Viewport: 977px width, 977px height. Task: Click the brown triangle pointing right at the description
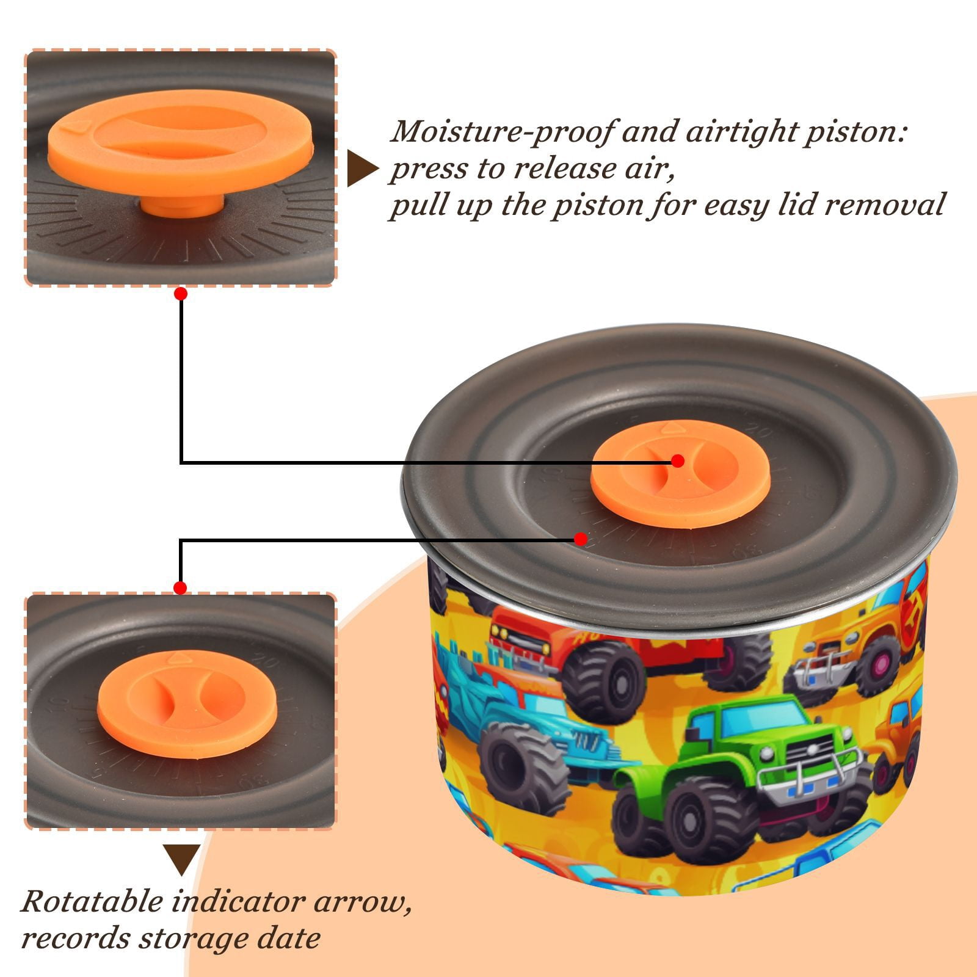click(x=361, y=169)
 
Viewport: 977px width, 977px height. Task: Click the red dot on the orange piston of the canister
click(x=677, y=461)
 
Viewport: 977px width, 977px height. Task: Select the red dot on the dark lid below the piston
click(x=581, y=539)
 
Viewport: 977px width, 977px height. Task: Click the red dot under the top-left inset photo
click(x=180, y=294)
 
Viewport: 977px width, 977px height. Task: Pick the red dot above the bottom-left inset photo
click(x=180, y=588)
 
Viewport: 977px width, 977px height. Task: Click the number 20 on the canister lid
click(x=763, y=435)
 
